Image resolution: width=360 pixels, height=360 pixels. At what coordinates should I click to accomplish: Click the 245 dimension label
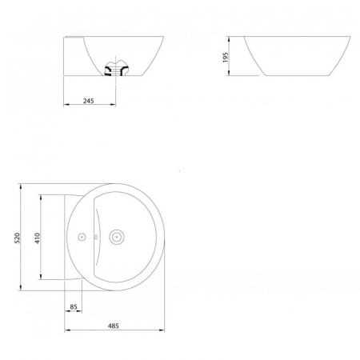tap(89, 102)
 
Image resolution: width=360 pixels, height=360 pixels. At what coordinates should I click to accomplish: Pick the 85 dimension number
tap(73, 306)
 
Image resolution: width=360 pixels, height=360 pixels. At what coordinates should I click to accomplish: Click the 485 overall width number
tap(114, 326)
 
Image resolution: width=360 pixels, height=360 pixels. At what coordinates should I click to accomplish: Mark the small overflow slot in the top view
tap(96, 236)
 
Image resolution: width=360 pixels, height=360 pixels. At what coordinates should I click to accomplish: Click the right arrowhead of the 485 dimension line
tap(163, 331)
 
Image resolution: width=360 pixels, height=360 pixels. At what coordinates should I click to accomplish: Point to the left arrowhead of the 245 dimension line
tap(66, 106)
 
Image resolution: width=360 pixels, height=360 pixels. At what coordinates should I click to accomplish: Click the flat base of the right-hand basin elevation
tap(292, 78)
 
